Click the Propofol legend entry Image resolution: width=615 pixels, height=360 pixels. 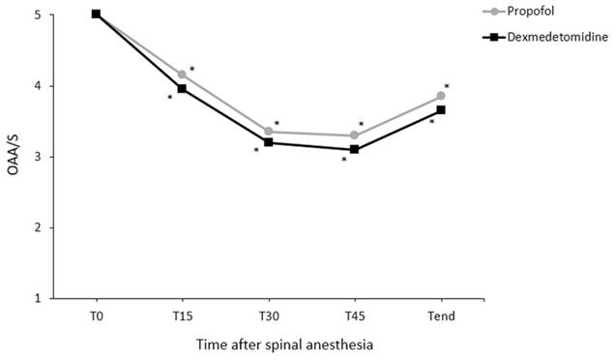[518, 11]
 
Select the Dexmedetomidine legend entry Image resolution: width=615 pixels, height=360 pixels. [545, 37]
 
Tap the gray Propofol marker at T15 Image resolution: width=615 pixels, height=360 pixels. [182, 75]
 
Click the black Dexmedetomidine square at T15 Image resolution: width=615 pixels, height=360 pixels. [182, 89]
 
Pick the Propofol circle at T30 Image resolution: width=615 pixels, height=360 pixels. [269, 131]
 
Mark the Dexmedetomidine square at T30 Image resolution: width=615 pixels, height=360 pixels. [269, 142]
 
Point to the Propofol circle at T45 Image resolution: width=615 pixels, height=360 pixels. [354, 135]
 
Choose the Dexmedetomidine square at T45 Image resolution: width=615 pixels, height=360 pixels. [354, 149]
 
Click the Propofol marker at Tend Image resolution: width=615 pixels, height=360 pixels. [441, 96]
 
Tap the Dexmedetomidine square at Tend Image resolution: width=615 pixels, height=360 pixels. [441, 110]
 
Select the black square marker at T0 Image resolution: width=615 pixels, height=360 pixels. [96, 15]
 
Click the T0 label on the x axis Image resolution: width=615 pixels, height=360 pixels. [96, 316]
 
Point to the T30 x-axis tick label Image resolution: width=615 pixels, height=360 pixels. [269, 316]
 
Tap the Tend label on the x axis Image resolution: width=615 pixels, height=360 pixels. [441, 316]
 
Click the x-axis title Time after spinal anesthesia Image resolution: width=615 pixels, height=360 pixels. [284, 345]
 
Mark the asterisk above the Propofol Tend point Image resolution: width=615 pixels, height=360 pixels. [447, 86]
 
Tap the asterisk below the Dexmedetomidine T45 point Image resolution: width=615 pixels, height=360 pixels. [344, 159]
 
